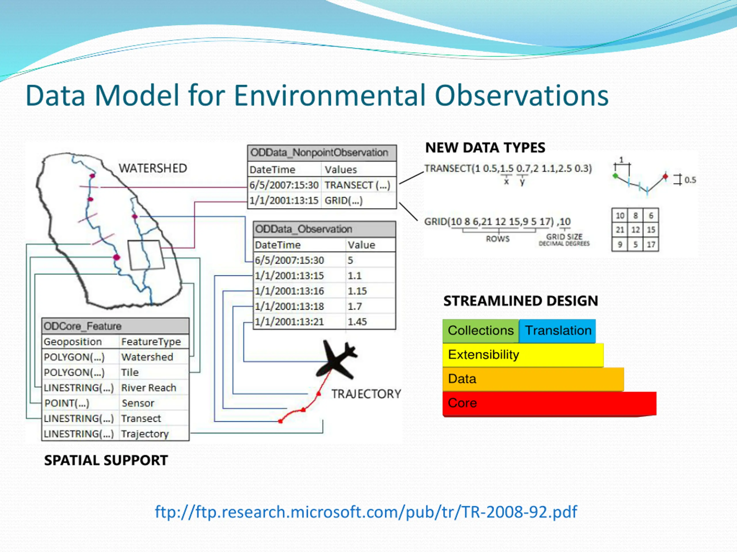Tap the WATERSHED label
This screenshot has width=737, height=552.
[153, 168]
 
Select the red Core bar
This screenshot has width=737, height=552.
[549, 403]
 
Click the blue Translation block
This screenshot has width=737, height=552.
[557, 331]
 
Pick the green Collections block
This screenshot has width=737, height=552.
[481, 331]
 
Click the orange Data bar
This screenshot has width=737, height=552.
[533, 379]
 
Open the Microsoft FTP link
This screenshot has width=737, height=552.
[366, 512]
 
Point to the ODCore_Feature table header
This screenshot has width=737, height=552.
[115, 326]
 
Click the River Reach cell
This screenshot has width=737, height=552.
[149, 388]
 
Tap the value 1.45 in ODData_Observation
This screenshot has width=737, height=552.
[357, 322]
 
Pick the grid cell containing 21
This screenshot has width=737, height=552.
[620, 230]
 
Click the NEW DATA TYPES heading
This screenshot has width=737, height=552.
[485, 148]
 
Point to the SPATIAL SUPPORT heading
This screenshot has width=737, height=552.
[106, 461]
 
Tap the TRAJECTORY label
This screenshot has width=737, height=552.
[366, 394]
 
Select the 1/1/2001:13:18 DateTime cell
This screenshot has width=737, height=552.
[289, 306]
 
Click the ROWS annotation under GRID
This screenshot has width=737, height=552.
[497, 239]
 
